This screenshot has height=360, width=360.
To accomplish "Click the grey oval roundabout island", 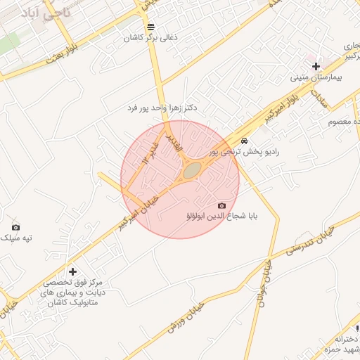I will pos(191,170).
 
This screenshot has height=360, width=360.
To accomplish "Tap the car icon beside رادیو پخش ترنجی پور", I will pos(244,141).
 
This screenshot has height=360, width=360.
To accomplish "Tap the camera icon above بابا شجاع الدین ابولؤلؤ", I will pos(222,205).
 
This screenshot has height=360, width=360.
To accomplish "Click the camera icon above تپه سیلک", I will pos(16,227).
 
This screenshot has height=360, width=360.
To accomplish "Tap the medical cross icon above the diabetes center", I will pos(72,271).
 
